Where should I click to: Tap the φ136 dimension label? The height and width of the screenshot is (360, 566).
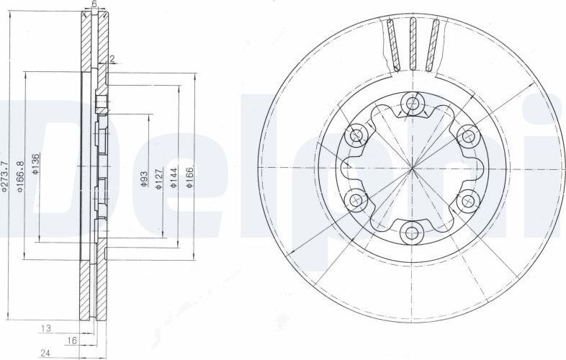coord(36,166)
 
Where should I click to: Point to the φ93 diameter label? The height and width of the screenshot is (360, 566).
coord(145,179)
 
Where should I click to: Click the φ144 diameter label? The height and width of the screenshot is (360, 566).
coord(174,179)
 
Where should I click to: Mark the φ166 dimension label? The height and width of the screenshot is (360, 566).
coord(190,178)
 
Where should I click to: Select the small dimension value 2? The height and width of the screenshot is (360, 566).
coord(112,60)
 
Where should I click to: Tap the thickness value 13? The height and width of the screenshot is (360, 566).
coord(45,328)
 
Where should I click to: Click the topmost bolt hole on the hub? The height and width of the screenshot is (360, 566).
coord(412,104)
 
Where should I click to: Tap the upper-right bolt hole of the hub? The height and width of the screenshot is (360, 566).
coord(467,135)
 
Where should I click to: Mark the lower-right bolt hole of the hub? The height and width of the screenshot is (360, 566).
coord(467,199)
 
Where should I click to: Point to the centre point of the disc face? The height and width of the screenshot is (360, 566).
coord(412,168)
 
